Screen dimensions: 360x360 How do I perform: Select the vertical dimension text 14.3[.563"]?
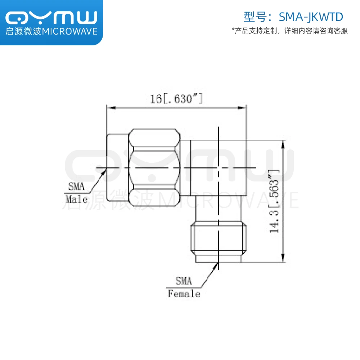tap(274, 201)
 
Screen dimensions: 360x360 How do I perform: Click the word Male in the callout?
tap(76, 199)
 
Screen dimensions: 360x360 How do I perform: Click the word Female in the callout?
tap(184, 294)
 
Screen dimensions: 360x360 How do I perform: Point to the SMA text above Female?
tap(184, 281)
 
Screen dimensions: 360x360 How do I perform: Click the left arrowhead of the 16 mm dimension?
tap(110, 107)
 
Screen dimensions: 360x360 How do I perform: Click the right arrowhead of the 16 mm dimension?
tap(244, 107)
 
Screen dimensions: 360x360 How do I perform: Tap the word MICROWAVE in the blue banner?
tap(70, 31)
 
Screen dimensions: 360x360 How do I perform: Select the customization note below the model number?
tap(289, 31)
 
